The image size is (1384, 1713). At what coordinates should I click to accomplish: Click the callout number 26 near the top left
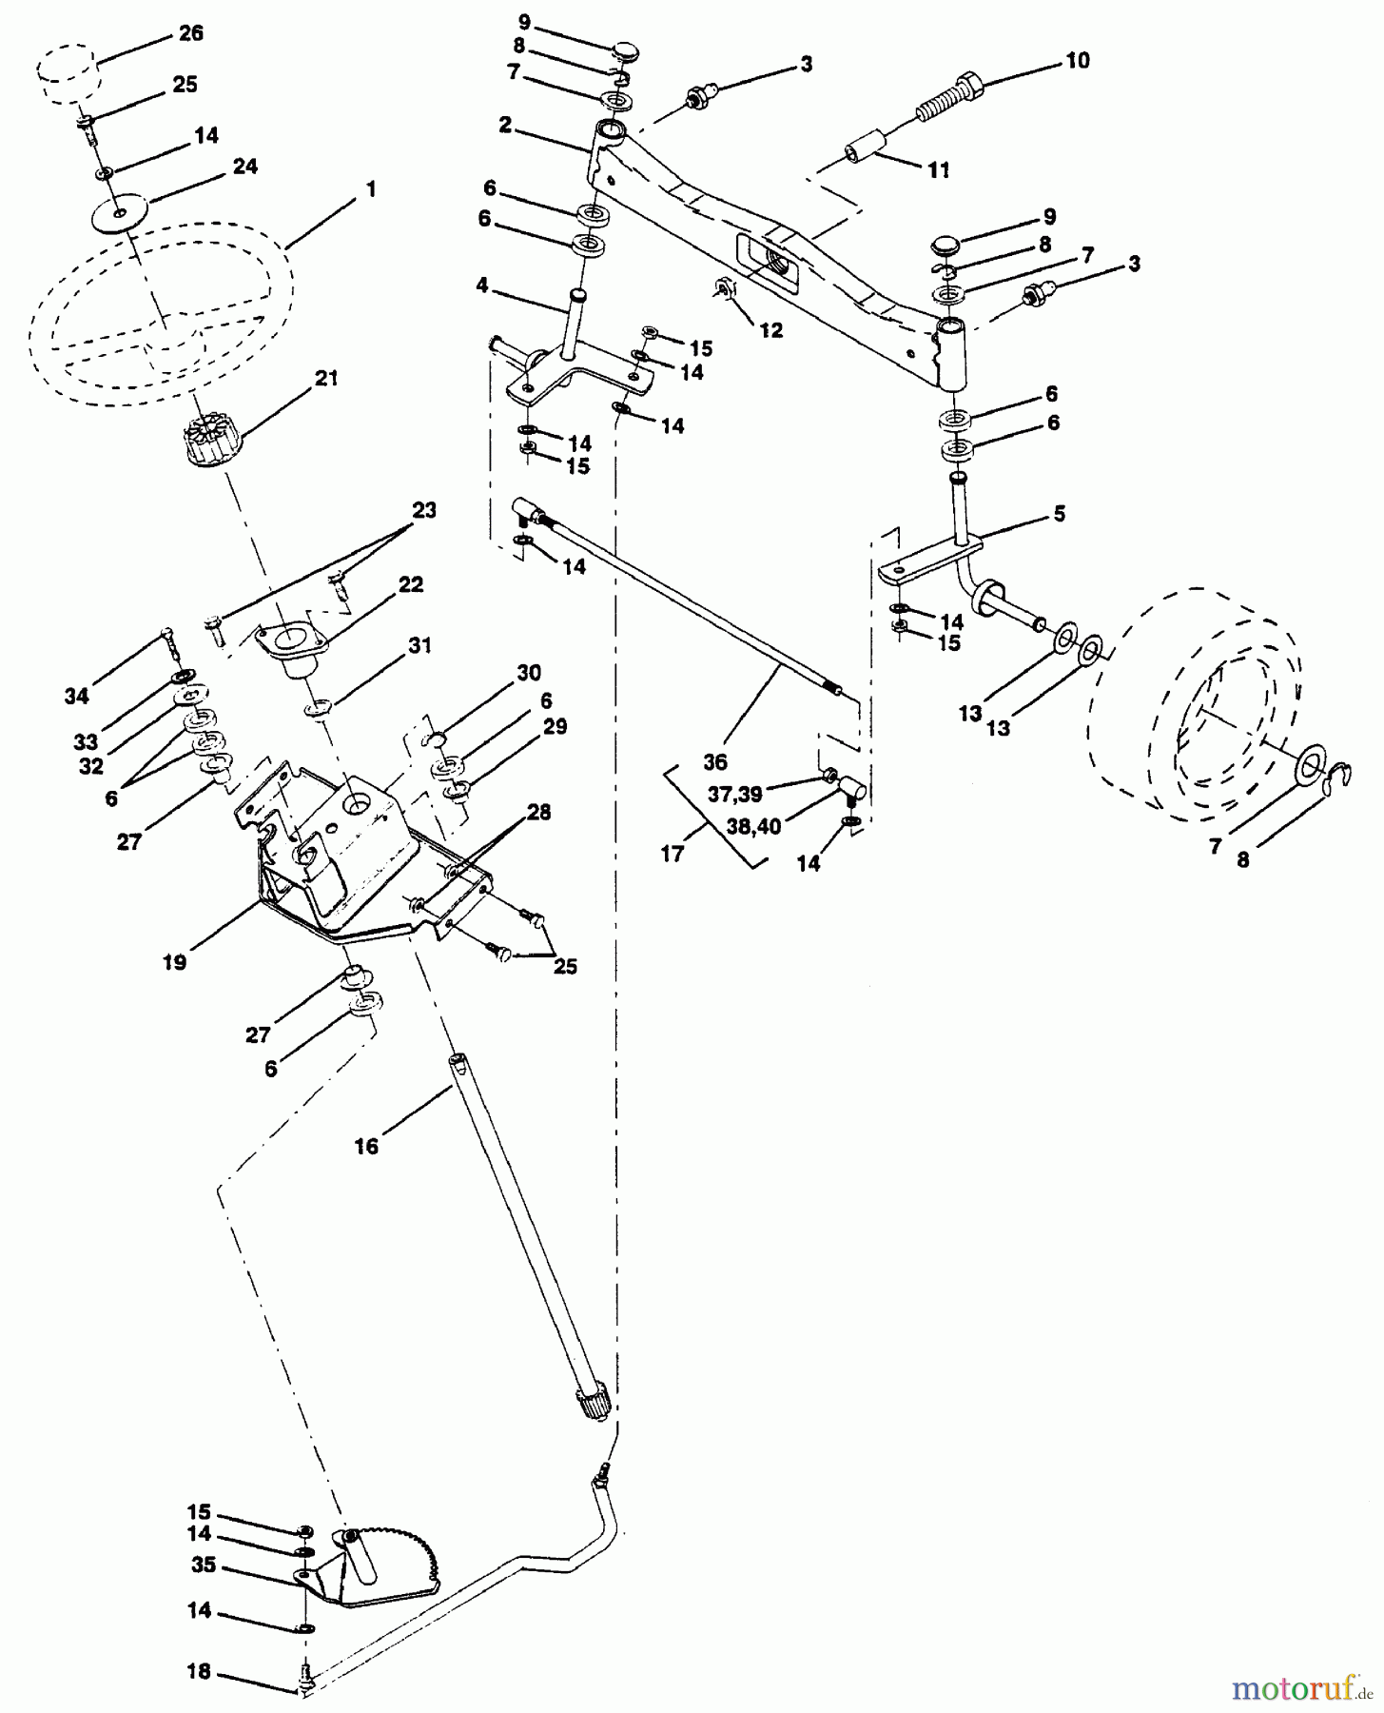190,33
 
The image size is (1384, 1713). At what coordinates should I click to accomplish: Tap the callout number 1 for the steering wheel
370,189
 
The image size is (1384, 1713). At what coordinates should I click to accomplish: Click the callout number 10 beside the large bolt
1078,61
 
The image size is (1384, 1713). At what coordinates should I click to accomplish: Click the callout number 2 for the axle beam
505,125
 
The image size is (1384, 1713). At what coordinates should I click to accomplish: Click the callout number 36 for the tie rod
714,761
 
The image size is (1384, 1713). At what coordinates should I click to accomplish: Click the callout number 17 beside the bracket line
673,854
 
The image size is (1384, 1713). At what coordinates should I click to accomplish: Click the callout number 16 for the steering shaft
366,1147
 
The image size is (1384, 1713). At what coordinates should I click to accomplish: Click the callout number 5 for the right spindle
1059,514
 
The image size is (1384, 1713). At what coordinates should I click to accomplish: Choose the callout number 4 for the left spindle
483,285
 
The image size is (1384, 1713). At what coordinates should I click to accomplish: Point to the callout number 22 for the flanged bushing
410,584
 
